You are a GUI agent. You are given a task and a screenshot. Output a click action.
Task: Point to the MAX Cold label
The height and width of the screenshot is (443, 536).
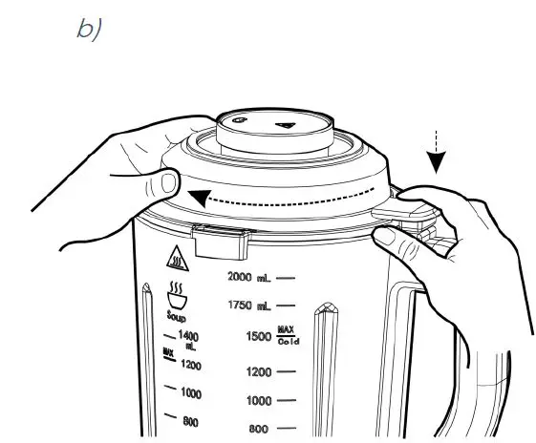click(287, 336)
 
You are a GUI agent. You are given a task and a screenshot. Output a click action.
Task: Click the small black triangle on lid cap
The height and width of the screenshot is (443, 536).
click(286, 126)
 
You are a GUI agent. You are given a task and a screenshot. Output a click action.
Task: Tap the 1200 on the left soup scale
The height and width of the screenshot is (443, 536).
click(192, 365)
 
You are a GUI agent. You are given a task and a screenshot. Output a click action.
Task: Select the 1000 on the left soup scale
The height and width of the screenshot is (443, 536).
click(192, 393)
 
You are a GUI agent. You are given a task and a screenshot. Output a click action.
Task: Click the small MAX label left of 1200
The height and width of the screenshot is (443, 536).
click(168, 352)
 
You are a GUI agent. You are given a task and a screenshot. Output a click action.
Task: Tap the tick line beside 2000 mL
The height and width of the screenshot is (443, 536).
click(285, 277)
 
